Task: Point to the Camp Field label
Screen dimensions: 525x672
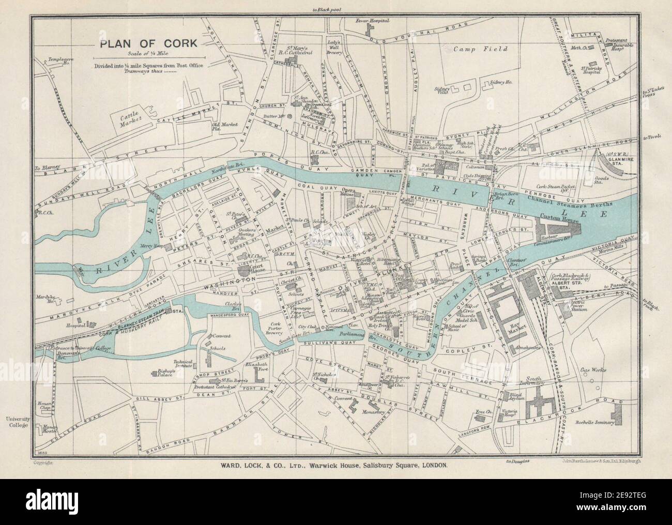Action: (x=480, y=49)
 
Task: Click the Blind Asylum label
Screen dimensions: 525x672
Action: (x=518, y=396)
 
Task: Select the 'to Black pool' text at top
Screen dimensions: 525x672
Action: (x=335, y=10)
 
